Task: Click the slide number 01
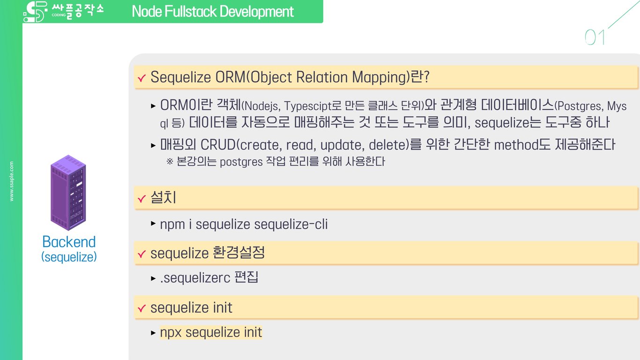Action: [x=595, y=37]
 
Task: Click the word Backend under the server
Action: [x=69, y=242]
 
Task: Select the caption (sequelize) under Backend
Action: [x=69, y=257]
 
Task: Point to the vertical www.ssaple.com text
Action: [x=12, y=181]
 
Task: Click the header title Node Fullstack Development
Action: [x=213, y=11]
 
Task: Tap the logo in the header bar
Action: [x=63, y=12]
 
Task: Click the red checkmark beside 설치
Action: [x=141, y=200]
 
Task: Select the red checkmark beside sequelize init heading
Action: [x=141, y=309]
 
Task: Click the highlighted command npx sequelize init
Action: [x=211, y=332]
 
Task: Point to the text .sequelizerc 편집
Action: [x=209, y=278]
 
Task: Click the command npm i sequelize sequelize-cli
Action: [x=244, y=225]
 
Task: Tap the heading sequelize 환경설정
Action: [x=208, y=254]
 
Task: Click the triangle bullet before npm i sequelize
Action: [x=153, y=224]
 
